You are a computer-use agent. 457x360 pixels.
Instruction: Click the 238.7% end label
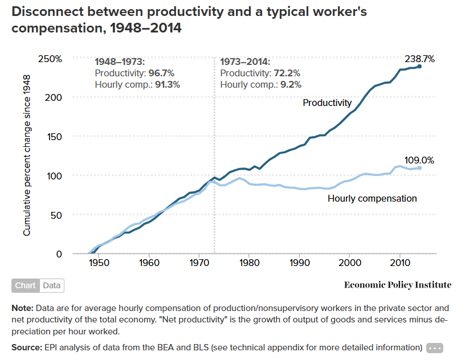[420, 59]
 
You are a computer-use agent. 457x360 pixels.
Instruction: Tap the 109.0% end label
[419, 161]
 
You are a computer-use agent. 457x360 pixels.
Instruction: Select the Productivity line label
[327, 103]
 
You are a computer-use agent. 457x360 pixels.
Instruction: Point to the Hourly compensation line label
[372, 198]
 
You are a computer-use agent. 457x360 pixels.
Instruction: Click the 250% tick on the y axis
[50, 59]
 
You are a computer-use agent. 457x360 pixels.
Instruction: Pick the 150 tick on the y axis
[54, 137]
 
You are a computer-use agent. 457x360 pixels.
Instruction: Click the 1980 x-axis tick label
[249, 264]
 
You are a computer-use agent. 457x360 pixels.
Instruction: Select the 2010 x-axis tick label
[399, 264]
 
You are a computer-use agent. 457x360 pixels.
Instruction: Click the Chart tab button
[26, 285]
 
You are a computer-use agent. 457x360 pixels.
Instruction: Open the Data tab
[52, 285]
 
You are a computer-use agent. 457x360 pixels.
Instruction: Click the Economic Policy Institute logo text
[397, 285]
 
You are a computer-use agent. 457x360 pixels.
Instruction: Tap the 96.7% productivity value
[162, 73]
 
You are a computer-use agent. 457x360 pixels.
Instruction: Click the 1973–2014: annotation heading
[245, 62]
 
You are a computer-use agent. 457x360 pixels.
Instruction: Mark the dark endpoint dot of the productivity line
[419, 67]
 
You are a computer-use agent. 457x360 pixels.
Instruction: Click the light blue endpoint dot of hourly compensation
[419, 168]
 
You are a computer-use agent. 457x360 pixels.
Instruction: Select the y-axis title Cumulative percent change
[27, 154]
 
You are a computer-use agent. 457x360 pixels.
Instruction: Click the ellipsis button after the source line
[434, 347]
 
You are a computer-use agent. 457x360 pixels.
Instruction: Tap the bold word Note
[22, 308]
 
